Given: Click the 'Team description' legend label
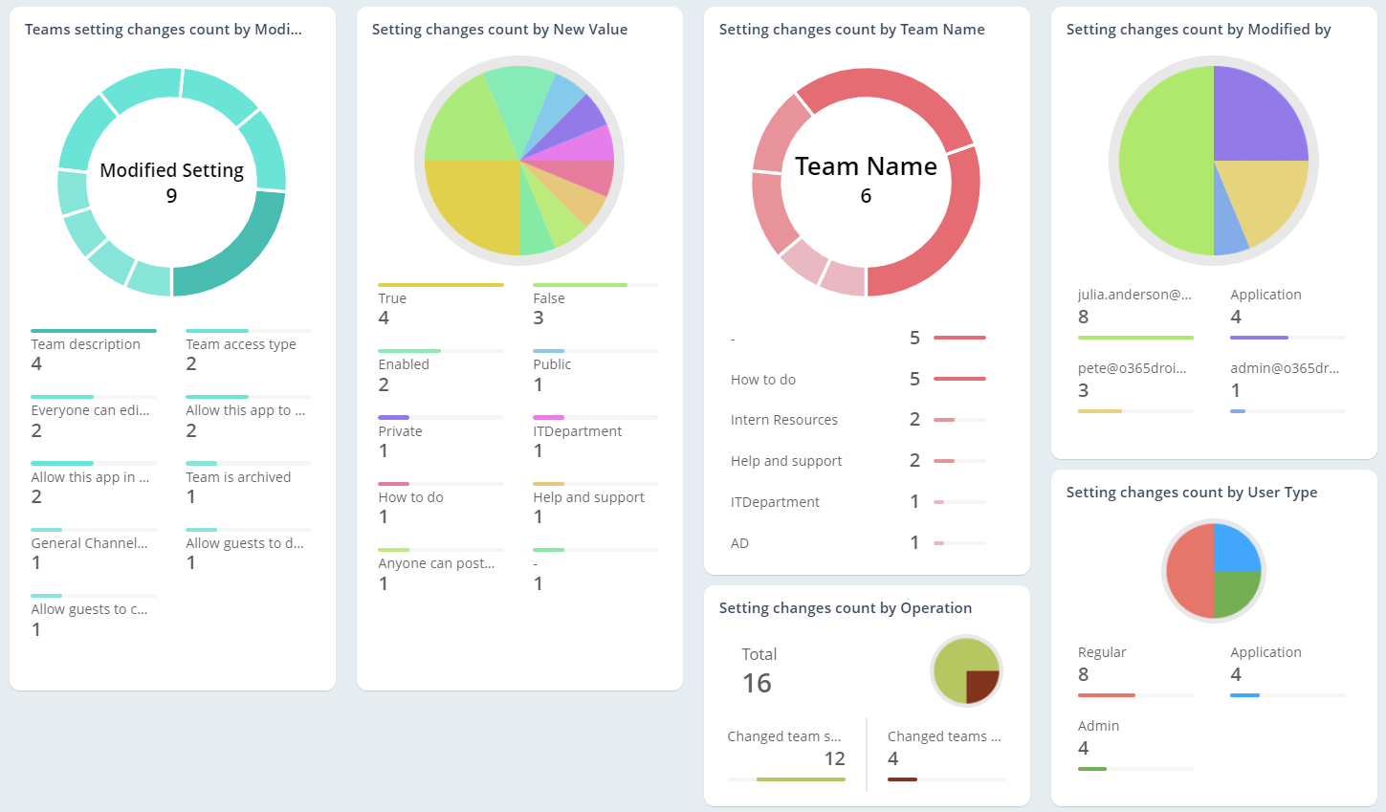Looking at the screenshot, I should point(85,344).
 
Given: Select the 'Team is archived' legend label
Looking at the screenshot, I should point(238,477).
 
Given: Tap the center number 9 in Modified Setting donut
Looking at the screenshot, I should point(171,196).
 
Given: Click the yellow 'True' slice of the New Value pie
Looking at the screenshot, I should point(469,206).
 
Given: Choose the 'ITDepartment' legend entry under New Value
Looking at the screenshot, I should point(577,431).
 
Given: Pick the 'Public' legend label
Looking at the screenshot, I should point(552,364).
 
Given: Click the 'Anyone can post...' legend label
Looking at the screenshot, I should point(436,563).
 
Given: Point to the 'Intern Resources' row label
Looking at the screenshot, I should point(783,420).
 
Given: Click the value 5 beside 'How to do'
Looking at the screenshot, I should point(914,380).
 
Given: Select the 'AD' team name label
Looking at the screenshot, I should point(739,543).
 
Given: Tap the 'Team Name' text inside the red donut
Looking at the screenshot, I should point(866,166).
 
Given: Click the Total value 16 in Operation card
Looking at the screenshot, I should point(757,683).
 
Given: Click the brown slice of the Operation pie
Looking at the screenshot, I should point(980,685).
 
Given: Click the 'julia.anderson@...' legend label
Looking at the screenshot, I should point(1134,295).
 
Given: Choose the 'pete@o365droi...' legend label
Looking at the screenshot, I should point(1132,368).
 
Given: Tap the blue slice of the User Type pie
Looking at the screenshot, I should point(1237,547).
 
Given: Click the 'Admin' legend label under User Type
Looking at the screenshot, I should point(1098,726).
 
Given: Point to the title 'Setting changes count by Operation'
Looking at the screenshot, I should point(845,608).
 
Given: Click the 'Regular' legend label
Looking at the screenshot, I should point(1102,652).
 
